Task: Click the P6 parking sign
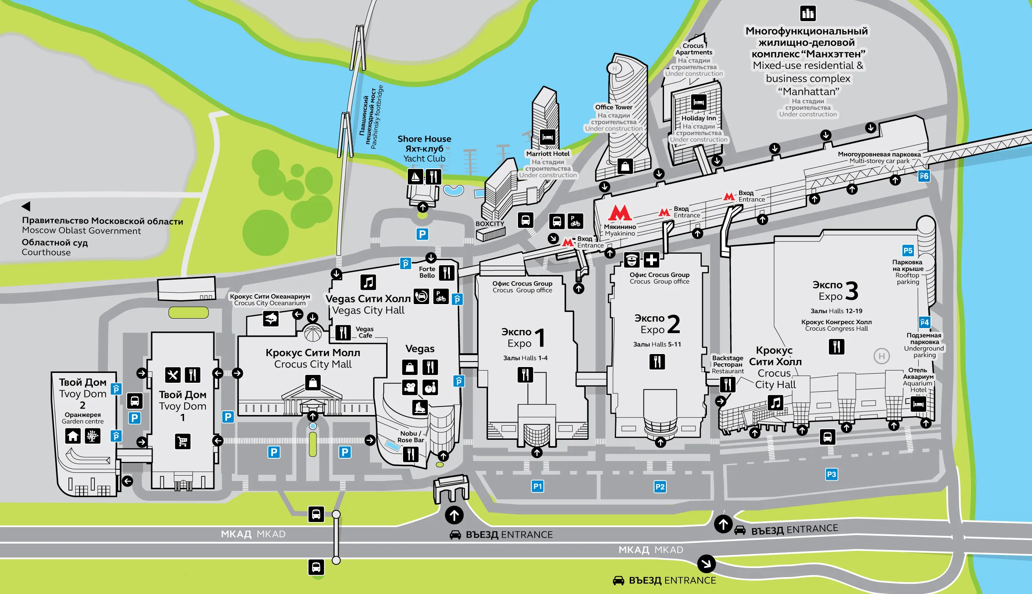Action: coord(924,176)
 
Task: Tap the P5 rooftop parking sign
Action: coord(908,251)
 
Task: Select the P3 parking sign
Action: coord(831,474)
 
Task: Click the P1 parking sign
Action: coord(537,486)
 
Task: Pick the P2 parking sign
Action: coord(660,487)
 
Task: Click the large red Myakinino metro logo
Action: coord(620,213)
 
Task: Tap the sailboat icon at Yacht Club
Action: coord(415,177)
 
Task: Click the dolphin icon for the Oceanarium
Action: coord(270,319)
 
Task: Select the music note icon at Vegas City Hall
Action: coord(368,282)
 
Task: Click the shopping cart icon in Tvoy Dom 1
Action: coord(182,441)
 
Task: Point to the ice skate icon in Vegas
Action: coord(420,407)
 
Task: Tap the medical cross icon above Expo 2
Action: coord(651,260)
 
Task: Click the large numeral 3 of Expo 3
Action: coord(852,290)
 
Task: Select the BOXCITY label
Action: coord(490,224)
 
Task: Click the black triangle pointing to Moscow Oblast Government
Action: coord(26,206)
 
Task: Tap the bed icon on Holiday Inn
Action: coord(699,102)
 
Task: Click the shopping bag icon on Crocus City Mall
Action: coord(313,383)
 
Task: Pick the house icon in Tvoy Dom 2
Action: coord(73,436)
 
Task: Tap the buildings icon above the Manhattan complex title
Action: coord(808,13)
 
